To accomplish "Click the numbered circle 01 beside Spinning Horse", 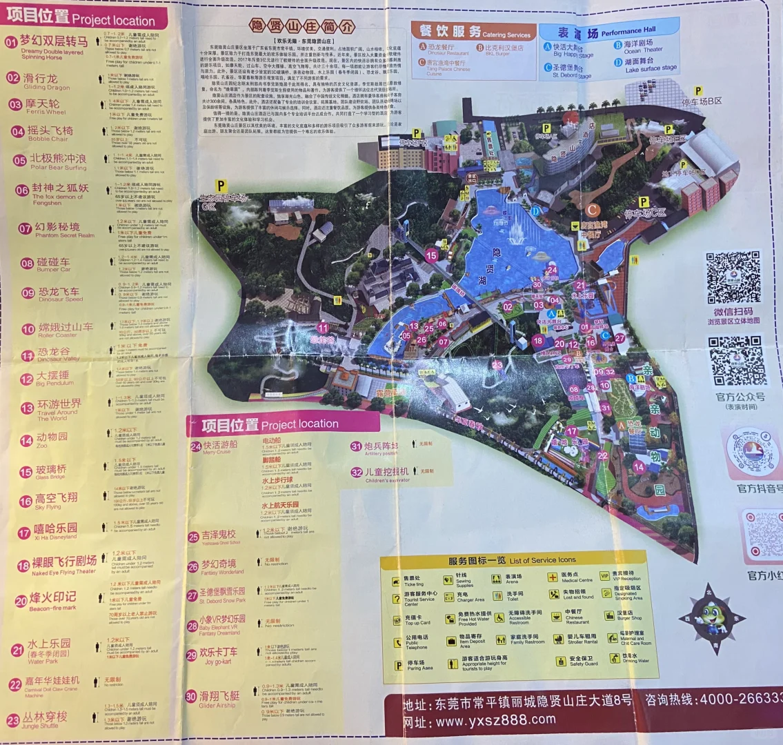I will click(x=11, y=43).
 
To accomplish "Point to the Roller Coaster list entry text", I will click(x=58, y=335).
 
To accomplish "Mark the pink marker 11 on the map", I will click(x=322, y=328).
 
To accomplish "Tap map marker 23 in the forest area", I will click(x=497, y=365).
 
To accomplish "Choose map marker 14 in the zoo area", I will click(x=639, y=467).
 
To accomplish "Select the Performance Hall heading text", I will click(x=628, y=32).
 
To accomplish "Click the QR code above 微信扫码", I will click(x=733, y=278).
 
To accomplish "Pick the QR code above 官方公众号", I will click(x=737, y=361).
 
